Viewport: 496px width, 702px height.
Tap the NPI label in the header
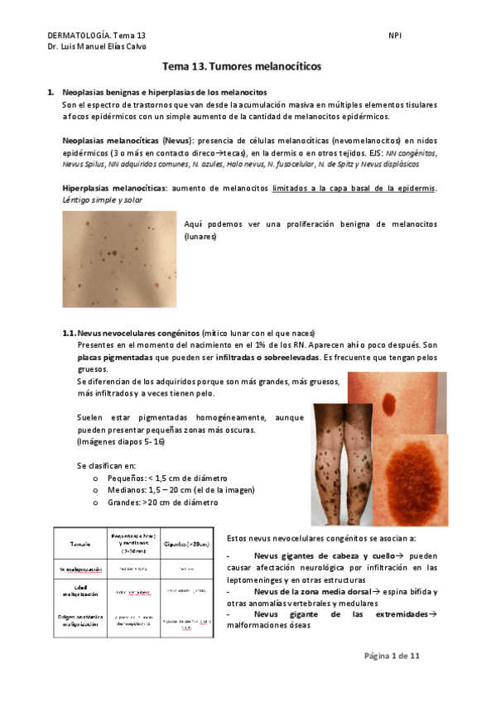[x=395, y=36]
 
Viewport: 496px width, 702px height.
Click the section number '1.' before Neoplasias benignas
[x=51, y=92]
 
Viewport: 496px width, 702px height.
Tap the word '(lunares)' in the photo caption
[x=200, y=236]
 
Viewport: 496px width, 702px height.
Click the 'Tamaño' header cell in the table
[x=79, y=543]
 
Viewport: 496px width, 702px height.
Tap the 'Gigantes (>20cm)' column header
[x=187, y=543]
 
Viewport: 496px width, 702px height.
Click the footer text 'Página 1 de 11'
[x=392, y=656]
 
